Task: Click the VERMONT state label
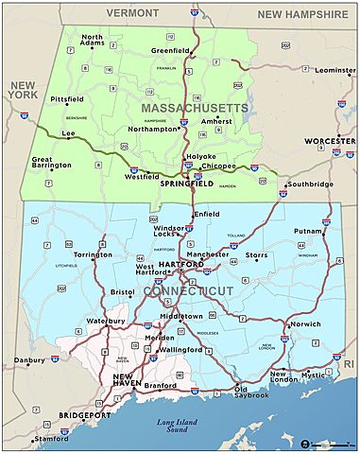tap(131, 14)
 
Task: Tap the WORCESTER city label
tap(330, 141)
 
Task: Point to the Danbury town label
tap(29, 360)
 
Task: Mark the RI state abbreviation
tap(348, 363)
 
